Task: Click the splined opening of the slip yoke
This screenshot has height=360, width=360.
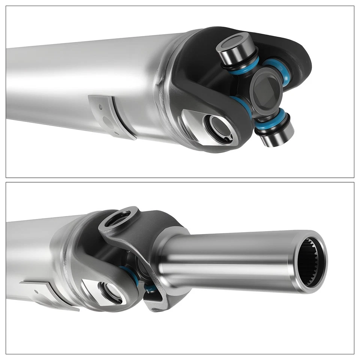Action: tap(310, 262)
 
